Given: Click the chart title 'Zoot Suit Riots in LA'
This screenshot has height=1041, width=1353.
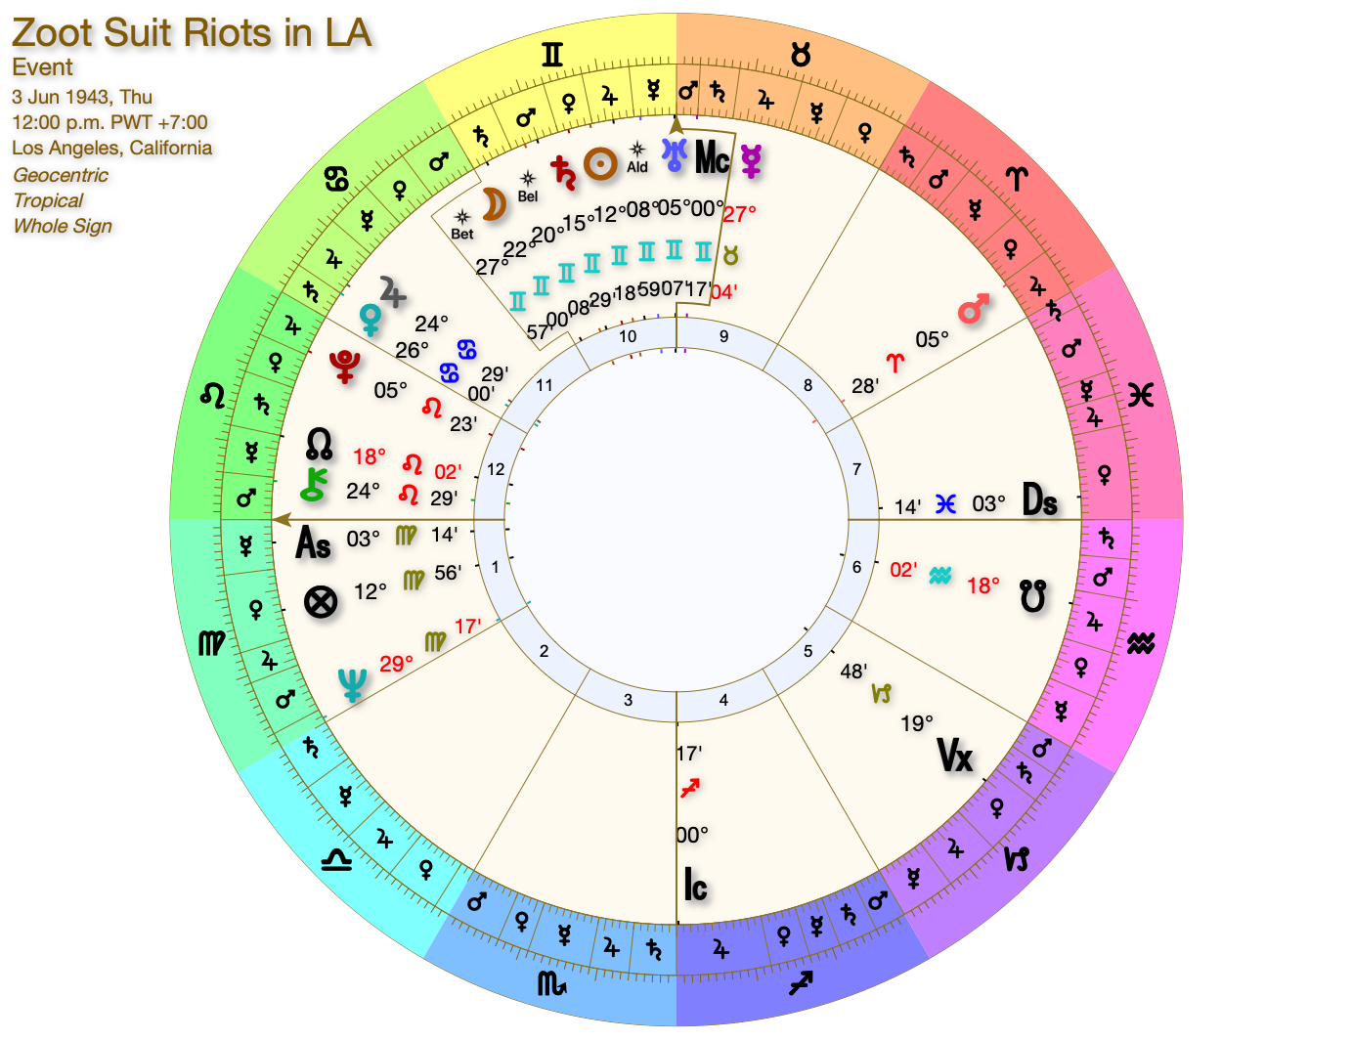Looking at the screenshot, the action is (x=192, y=33).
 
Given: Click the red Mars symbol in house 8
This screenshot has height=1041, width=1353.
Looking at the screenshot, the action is (x=973, y=310).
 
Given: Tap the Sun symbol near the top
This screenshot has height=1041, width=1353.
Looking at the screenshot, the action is (x=600, y=163).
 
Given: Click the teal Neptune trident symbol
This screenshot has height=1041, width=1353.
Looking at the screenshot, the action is (x=351, y=684).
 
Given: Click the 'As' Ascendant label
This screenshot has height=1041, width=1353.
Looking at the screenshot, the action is (x=313, y=543).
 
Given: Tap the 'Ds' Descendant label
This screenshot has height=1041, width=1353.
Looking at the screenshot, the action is (x=1040, y=500).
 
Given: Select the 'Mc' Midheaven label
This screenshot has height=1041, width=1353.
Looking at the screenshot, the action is (x=712, y=157).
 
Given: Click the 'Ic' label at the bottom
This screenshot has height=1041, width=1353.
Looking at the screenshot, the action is (x=695, y=885).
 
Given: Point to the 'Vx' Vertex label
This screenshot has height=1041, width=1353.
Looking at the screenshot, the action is (x=955, y=755).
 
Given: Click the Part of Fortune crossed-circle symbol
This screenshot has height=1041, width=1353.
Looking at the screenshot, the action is (x=321, y=601).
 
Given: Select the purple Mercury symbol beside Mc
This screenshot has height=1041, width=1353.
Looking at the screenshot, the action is (x=751, y=159).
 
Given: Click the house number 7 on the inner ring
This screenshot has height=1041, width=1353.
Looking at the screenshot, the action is (x=856, y=469).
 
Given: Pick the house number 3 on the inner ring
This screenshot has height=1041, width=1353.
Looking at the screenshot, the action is (x=629, y=700).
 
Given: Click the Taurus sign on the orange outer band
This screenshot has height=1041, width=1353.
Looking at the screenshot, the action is (x=801, y=55).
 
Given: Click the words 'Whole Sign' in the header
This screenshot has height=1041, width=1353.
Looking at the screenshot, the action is (x=63, y=226).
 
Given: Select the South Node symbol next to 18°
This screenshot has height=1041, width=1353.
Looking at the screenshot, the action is (x=1033, y=595).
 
